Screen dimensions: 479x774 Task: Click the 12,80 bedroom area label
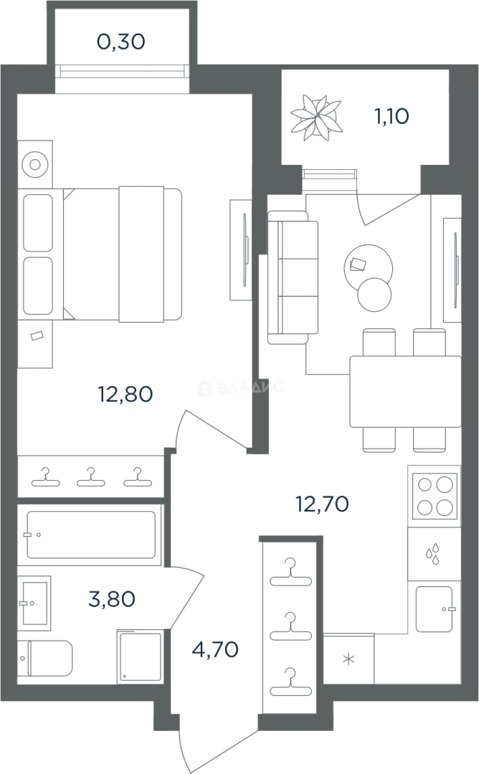(125, 394)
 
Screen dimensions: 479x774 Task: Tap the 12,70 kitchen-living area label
(322, 504)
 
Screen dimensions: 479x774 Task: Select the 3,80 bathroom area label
(112, 599)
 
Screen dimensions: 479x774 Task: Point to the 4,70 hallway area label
(215, 649)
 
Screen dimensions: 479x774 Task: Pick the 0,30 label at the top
(121, 42)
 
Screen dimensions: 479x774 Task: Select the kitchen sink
(435, 609)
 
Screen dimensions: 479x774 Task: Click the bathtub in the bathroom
(91, 535)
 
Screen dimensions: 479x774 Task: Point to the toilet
(45, 658)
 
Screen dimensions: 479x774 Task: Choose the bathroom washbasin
(34, 603)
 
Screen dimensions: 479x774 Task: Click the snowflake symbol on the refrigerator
(349, 659)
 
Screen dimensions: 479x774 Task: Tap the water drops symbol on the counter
(432, 554)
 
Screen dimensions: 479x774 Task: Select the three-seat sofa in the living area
(293, 277)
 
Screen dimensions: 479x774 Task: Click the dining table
(405, 391)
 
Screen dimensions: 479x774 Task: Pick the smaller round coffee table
(374, 295)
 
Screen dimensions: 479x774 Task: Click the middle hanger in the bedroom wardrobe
(91, 477)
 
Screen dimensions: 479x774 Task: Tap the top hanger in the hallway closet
(290, 572)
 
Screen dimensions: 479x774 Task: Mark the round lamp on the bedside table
(34, 164)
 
